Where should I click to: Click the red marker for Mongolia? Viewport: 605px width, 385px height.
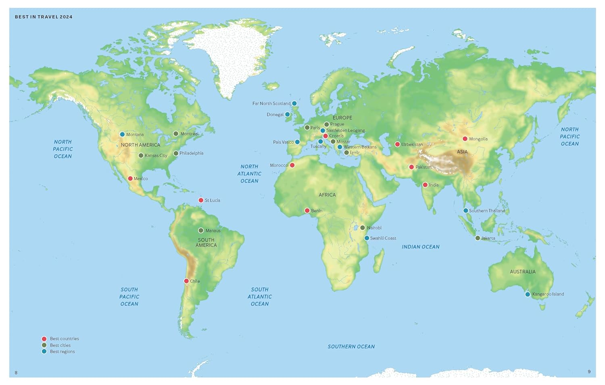pyautogui.click(x=465, y=139)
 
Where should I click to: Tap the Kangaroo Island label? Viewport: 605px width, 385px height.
pyautogui.click(x=548, y=294)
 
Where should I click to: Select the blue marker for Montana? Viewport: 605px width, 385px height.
pyautogui.click(x=122, y=134)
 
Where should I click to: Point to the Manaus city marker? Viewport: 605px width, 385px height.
pyautogui.click(x=201, y=230)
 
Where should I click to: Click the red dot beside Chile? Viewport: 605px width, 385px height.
pyautogui.click(x=186, y=281)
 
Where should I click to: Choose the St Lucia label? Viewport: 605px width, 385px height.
pyautogui.click(x=212, y=200)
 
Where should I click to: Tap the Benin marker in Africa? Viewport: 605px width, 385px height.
pyautogui.click(x=307, y=211)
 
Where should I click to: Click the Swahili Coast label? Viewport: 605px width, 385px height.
pyautogui.click(x=383, y=238)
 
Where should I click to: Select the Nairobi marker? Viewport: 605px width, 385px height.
pyautogui.click(x=363, y=228)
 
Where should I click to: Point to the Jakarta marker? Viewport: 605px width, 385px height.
pyautogui.click(x=478, y=238)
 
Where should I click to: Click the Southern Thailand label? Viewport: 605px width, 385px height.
pyautogui.click(x=487, y=211)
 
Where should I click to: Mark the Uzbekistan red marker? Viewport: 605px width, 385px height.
pyautogui.click(x=397, y=144)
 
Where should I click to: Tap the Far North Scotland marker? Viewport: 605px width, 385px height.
pyautogui.click(x=294, y=103)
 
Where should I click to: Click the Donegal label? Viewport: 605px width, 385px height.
pyautogui.click(x=275, y=115)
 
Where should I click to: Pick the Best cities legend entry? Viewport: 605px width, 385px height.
pyautogui.click(x=60, y=345)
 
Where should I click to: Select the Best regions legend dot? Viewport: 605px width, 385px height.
pyautogui.click(x=44, y=352)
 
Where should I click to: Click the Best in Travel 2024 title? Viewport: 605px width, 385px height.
pyautogui.click(x=44, y=17)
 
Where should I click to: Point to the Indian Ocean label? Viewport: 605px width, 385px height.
pyautogui.click(x=420, y=247)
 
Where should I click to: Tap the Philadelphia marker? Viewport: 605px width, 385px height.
pyautogui.click(x=176, y=153)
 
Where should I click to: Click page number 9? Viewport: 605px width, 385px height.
pyautogui.click(x=589, y=372)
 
